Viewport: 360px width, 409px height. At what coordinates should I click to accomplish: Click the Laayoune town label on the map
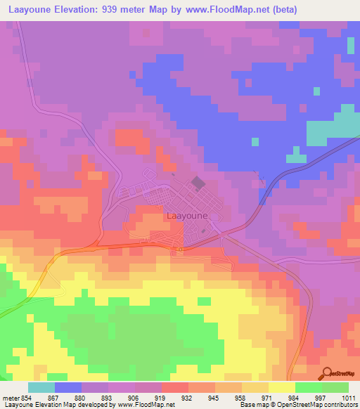[x=188, y=216]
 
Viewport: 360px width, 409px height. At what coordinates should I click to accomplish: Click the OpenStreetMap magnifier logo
[x=327, y=372]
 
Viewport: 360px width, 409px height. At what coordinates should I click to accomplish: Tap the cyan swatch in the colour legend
[x=41, y=387]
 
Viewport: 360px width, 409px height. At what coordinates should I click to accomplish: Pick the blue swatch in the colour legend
[x=67, y=387]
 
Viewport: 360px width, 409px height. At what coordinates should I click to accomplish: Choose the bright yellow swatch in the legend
[x=281, y=387]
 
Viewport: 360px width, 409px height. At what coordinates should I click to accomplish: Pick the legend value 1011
[x=347, y=398]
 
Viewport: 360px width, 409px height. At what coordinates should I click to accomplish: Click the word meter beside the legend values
[x=11, y=398]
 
